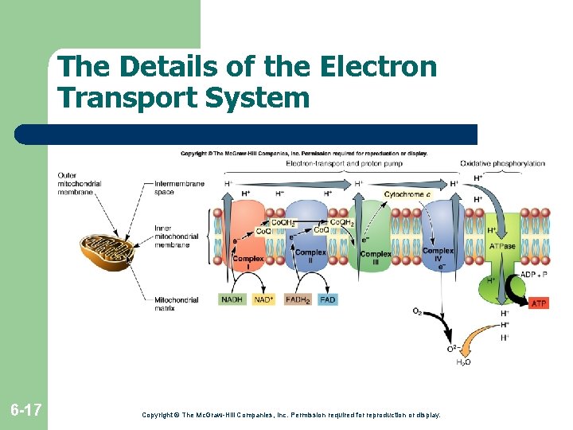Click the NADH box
coord(232,299)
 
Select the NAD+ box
coord(263,299)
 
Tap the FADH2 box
coord(297,299)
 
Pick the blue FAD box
coord(327,299)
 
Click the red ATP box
coord(539,303)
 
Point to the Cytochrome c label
coord(407,194)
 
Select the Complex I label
coord(248,263)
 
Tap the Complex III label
coord(375,258)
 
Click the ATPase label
coord(502,246)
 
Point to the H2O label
coord(462,362)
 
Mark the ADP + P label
coord(533,275)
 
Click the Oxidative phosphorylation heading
coord(502,164)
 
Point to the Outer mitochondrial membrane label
coord(79,183)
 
